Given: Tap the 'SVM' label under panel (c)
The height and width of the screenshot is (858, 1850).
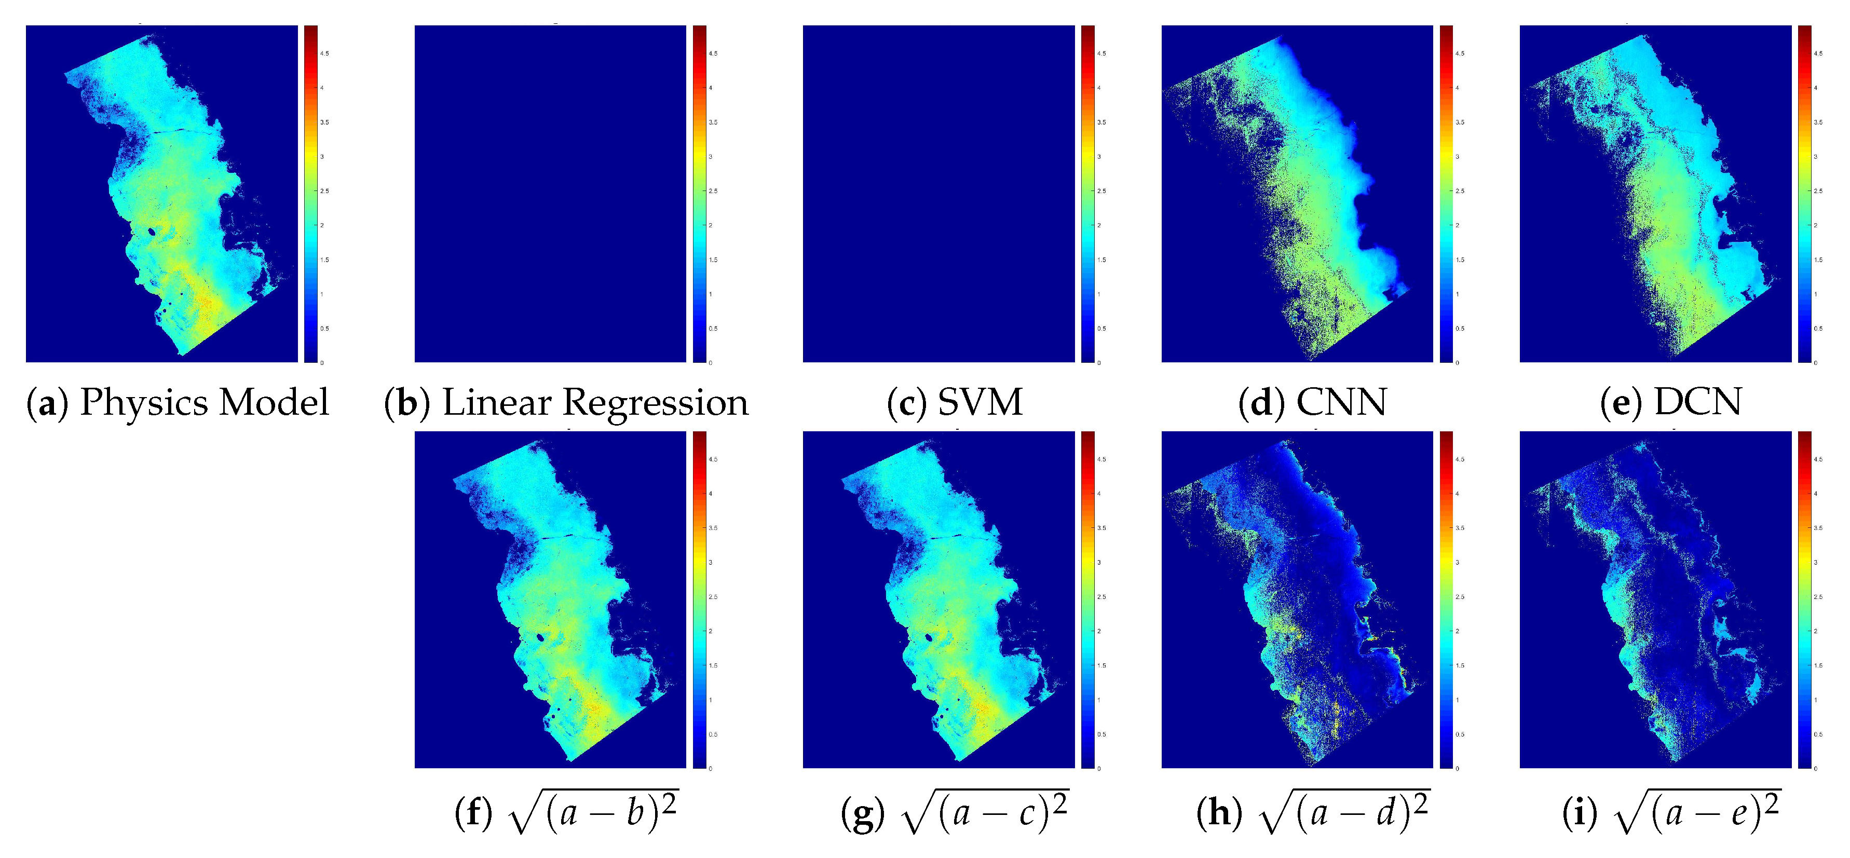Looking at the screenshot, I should pos(980,402).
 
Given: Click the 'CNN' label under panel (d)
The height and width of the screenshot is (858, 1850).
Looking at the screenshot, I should pos(1341,402).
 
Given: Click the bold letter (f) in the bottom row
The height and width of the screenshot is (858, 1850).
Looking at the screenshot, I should pos(474,813).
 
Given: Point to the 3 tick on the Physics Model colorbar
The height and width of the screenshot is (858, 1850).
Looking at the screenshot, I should pos(322,157).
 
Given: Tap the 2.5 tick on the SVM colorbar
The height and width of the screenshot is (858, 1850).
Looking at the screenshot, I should pos(1101,191).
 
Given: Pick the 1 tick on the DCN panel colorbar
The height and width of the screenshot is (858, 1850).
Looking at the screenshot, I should pos(1816,294).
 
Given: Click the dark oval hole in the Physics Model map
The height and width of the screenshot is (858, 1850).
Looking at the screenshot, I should pos(152,232).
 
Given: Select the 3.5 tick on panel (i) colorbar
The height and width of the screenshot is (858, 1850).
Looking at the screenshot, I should pos(1818,528).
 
